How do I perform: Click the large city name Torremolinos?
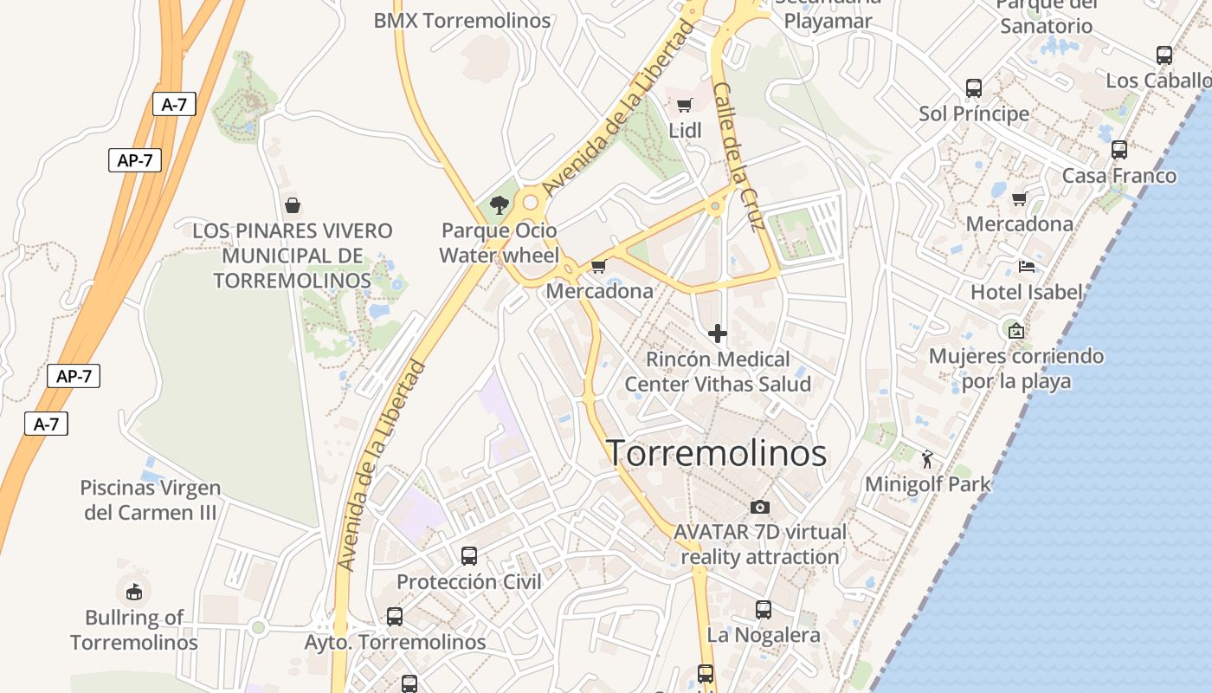[716, 453]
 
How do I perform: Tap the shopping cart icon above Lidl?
[685, 106]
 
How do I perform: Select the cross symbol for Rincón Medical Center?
[717, 333]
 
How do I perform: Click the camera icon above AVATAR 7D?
[759, 507]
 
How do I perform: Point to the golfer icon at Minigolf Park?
[928, 458]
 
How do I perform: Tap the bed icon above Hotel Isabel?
[1027, 266]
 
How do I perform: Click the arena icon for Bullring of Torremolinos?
[133, 593]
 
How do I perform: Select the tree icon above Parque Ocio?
[499, 205]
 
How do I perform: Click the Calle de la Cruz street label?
[737, 156]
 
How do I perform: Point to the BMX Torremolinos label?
[462, 20]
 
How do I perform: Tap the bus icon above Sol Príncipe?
[974, 88]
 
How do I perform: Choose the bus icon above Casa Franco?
[1119, 150]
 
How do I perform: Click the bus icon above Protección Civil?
[468, 556]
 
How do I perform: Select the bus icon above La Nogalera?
[763, 610]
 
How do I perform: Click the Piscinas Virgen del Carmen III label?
[151, 500]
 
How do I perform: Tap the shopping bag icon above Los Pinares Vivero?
[293, 205]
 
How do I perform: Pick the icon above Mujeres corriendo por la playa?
[1015, 330]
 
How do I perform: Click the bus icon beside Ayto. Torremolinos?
[395, 617]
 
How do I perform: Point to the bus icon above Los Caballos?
[1164, 55]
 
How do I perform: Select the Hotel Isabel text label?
[1026, 292]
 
